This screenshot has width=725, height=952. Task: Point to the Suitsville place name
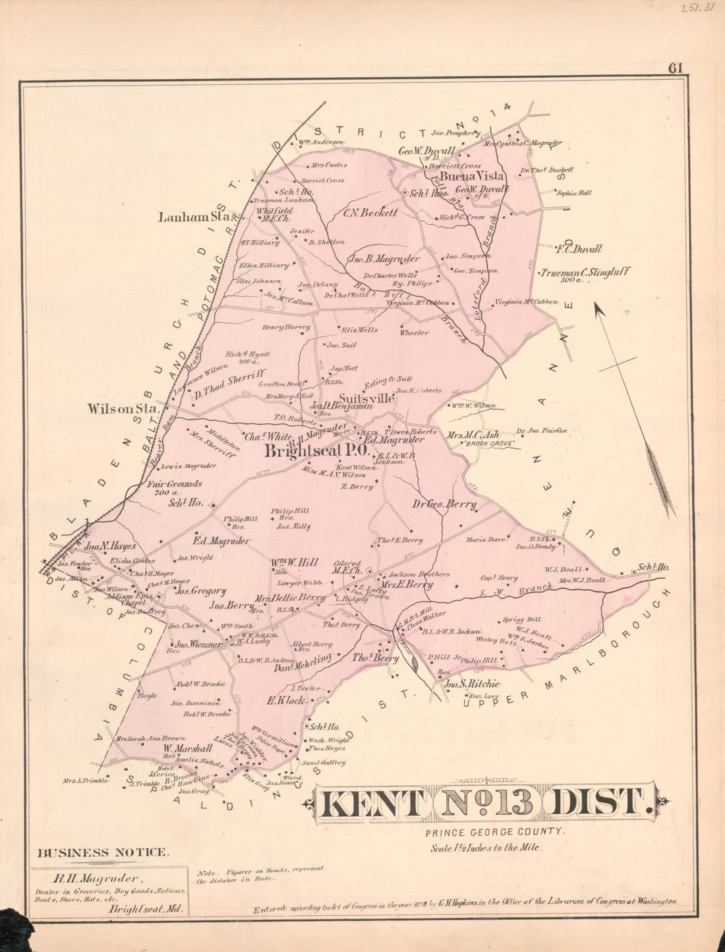(x=366, y=399)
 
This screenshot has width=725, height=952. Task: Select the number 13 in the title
(x=488, y=802)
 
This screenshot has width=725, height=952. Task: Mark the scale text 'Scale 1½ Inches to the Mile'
(x=486, y=848)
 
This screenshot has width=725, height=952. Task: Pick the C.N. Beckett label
(x=370, y=213)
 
